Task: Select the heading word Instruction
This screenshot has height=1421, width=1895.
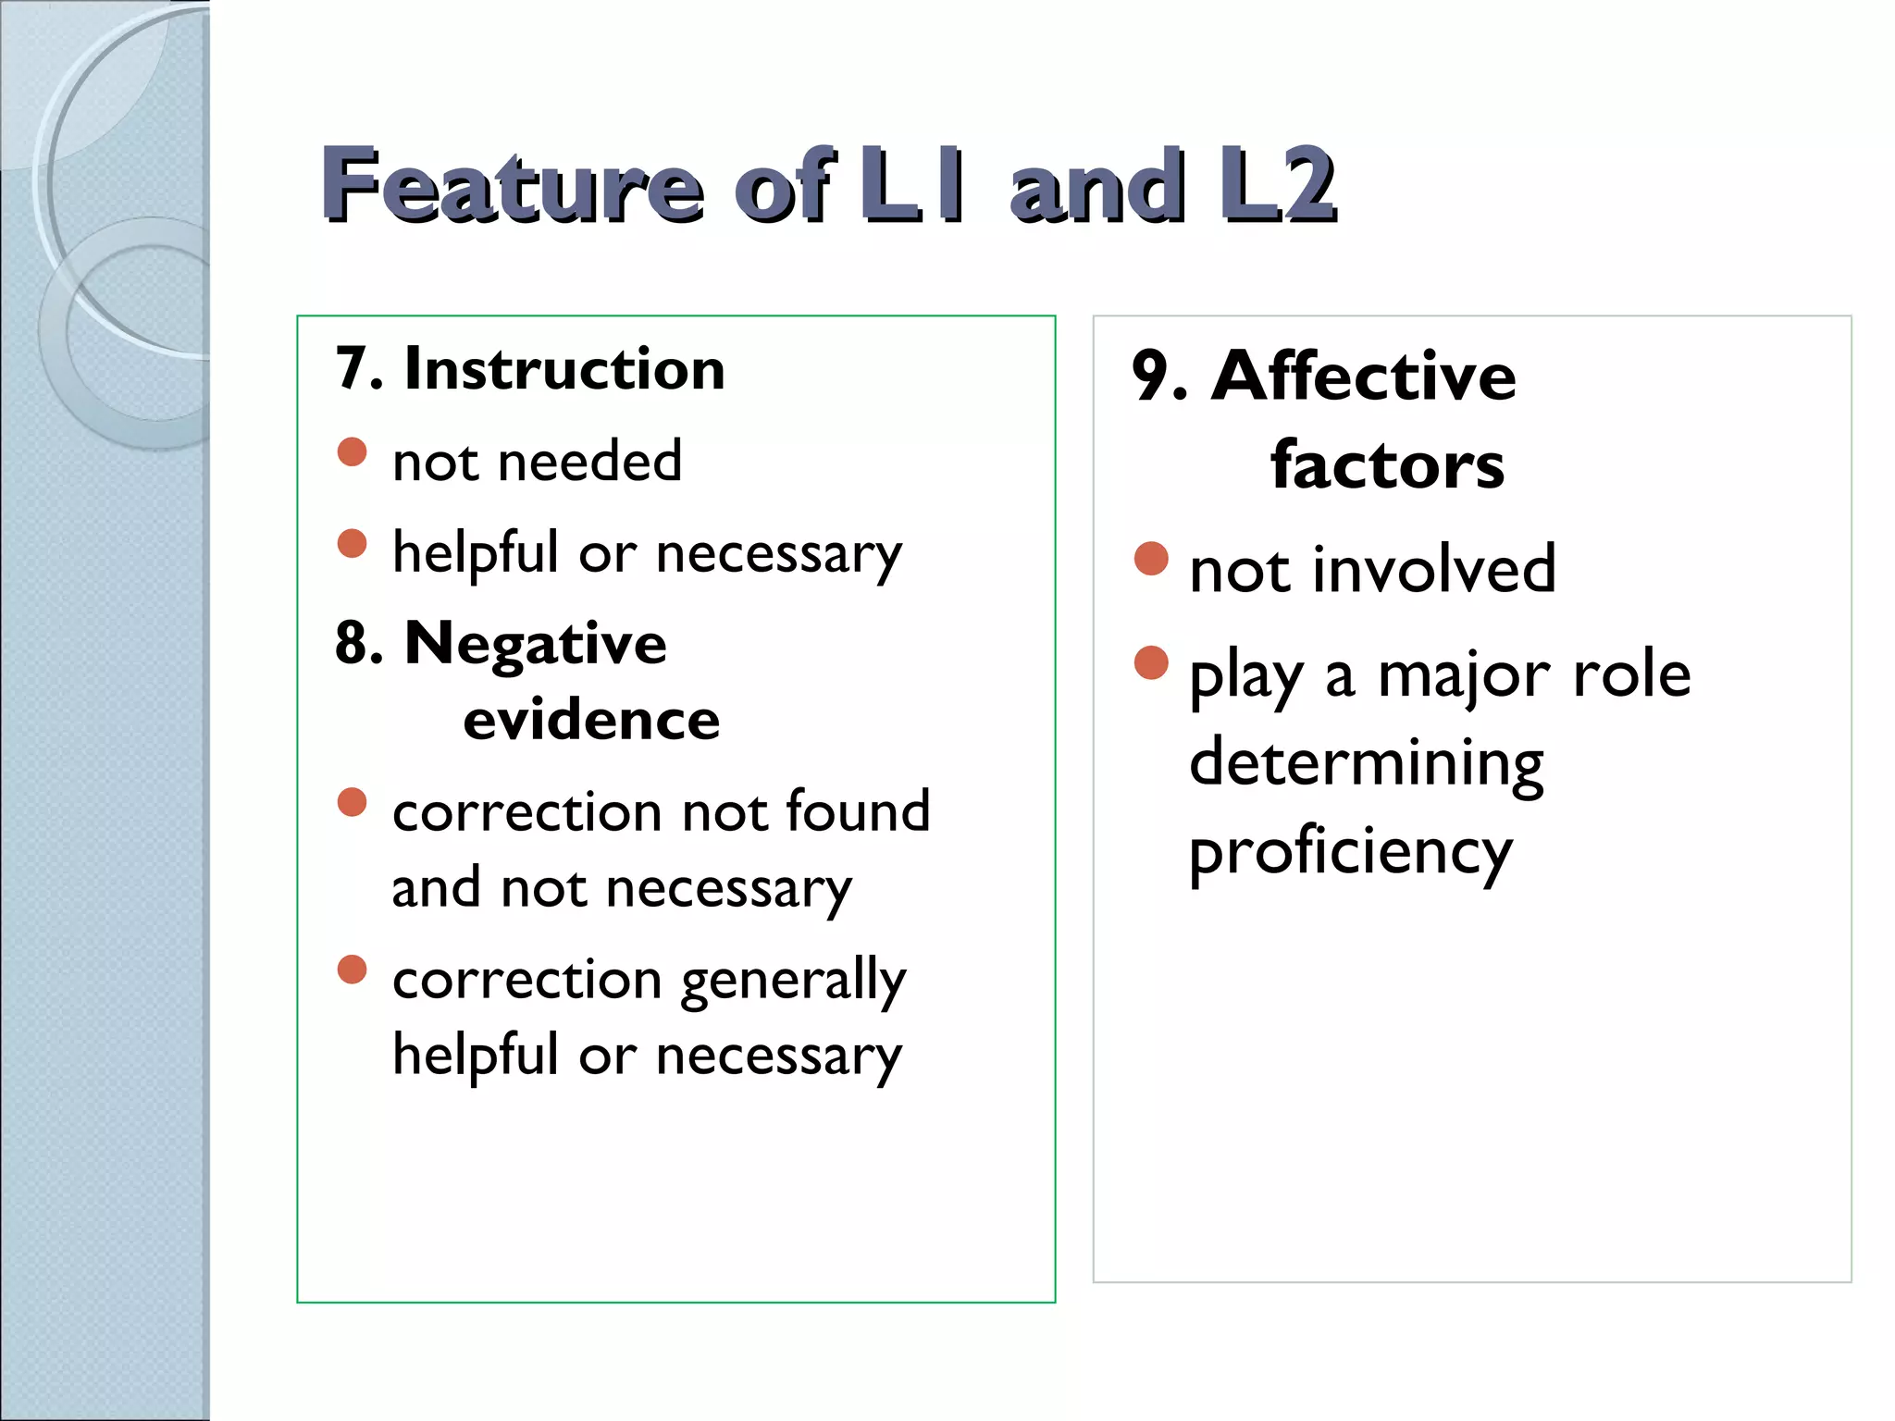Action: pos(564,369)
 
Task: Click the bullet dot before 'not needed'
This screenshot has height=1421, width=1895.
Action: pos(353,452)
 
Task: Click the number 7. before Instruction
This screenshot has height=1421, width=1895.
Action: pos(359,369)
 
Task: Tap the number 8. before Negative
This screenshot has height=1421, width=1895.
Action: pos(359,643)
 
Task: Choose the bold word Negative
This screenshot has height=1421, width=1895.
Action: pos(536,643)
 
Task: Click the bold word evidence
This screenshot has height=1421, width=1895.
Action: pos(591,720)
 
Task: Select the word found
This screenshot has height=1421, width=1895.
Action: pos(858,811)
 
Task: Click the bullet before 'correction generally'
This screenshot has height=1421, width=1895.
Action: pos(353,970)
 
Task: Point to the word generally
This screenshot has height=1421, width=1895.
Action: pos(794,981)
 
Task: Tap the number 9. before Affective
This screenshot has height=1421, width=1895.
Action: pos(1159,377)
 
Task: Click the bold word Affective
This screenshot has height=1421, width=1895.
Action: pos(1364,377)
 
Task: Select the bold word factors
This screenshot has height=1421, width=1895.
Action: pos(1387,464)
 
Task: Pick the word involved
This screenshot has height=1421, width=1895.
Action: pos(1433,568)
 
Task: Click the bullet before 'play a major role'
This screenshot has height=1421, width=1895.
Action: pos(1151,662)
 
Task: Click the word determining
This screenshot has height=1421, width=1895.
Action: pos(1367,763)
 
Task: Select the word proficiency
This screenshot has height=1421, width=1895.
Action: pos(1351,851)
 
